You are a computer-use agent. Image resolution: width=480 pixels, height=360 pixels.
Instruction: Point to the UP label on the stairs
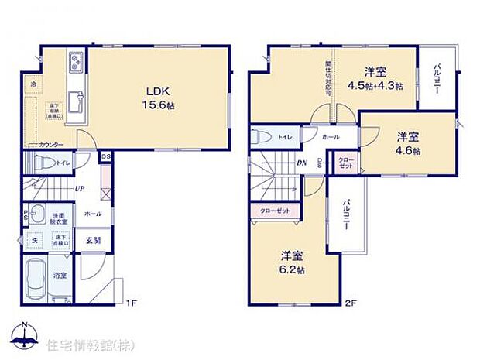pyautogui.click(x=79, y=189)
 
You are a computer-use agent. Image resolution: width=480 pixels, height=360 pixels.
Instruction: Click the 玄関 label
pyautogui.click(x=94, y=239)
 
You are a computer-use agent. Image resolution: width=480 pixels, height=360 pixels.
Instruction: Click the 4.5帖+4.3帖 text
pyautogui.click(x=375, y=86)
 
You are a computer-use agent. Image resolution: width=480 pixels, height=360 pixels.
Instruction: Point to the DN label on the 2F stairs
pyautogui.click(x=302, y=163)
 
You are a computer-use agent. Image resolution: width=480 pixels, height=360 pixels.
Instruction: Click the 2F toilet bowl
pyautogui.click(x=264, y=136)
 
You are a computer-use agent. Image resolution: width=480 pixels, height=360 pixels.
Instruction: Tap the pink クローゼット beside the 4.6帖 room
pyautogui.click(x=347, y=163)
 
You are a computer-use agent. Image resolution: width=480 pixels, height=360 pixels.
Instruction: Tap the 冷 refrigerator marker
pyautogui.click(x=33, y=83)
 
